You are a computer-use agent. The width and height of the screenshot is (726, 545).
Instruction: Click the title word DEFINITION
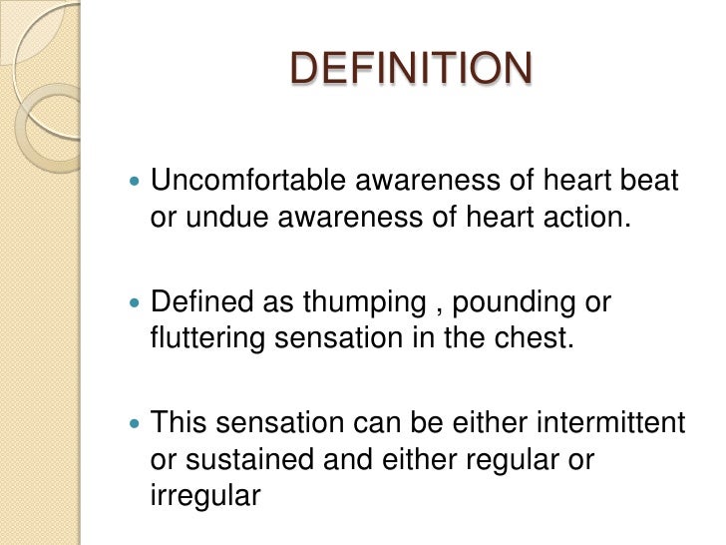point(411,69)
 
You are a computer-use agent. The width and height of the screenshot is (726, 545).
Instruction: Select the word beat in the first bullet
point(653,182)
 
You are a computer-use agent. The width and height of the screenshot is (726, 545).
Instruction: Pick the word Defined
point(198,302)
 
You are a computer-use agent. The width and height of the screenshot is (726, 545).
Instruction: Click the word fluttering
point(207,337)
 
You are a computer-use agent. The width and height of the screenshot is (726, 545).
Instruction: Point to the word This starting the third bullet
point(177,423)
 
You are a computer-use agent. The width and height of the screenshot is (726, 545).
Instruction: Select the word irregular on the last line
point(205,493)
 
